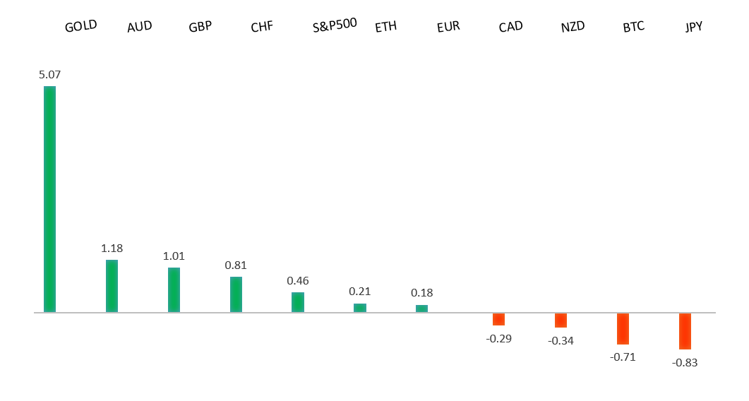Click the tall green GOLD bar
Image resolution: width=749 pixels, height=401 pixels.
(49, 199)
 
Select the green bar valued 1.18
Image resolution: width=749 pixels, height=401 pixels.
(112, 286)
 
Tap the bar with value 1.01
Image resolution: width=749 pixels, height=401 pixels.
(174, 289)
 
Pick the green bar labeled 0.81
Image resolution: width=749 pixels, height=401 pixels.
(236, 294)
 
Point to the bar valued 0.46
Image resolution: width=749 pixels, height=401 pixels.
(298, 302)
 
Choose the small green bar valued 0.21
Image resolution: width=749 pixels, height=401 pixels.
(360, 308)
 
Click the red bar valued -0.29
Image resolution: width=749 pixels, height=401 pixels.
(498, 319)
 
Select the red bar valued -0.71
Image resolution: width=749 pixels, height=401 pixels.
(623, 328)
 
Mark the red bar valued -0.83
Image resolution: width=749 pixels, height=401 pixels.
(685, 331)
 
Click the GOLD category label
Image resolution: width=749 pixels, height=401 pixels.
(80, 27)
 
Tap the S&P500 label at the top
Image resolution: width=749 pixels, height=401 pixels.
(335, 25)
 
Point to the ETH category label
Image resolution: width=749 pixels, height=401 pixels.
(385, 27)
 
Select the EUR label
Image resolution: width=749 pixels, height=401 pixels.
(448, 27)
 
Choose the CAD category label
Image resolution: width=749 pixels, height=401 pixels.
(510, 27)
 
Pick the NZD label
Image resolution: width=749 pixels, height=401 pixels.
(573, 27)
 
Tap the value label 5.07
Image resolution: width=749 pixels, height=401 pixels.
(50, 73)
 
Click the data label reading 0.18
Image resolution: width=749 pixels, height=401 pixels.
(422, 292)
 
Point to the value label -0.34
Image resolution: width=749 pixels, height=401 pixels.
(561, 341)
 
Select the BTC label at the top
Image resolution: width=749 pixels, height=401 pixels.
(633, 27)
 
